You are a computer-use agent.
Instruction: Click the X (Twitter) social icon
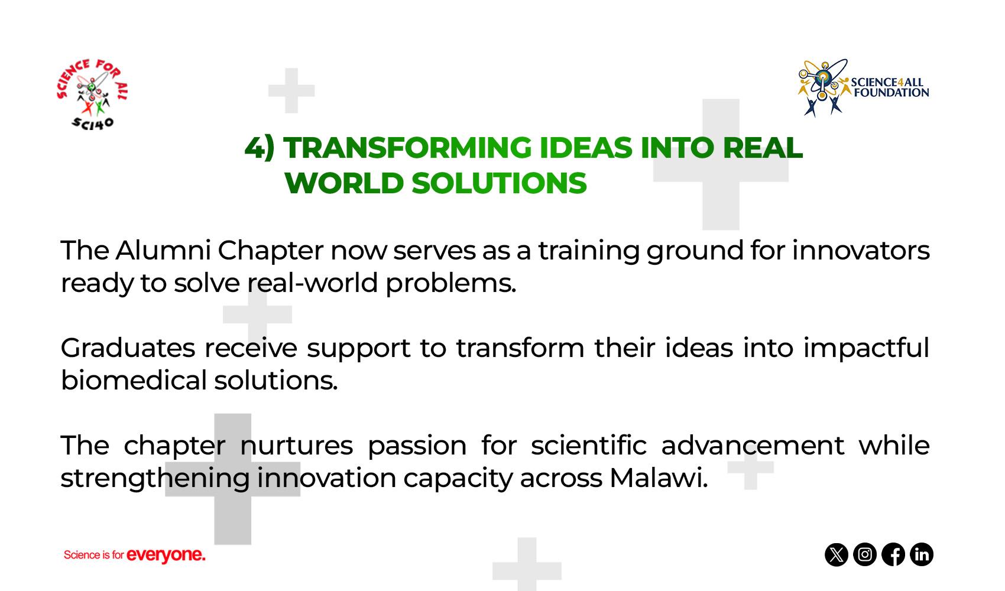click(x=837, y=555)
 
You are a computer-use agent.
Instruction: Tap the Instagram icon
click(x=864, y=555)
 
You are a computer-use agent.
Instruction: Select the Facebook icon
click(x=893, y=555)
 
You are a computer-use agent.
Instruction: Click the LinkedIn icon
click(x=922, y=555)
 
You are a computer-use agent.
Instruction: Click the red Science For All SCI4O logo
click(x=92, y=94)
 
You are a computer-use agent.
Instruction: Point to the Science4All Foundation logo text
click(x=890, y=87)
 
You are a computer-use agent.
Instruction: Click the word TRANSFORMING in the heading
click(x=407, y=148)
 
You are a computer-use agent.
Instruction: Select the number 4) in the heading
click(x=260, y=148)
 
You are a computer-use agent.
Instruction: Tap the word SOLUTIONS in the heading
click(x=499, y=183)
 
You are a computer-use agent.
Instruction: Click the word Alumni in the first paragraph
click(x=163, y=250)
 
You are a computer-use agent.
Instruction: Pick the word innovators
click(x=861, y=250)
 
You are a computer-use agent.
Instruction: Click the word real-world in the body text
click(x=313, y=283)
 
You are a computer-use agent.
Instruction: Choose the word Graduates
click(x=128, y=348)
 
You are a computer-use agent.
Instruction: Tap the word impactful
click(x=866, y=348)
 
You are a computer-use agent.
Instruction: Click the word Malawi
click(x=658, y=478)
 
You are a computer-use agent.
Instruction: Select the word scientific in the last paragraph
click(x=589, y=445)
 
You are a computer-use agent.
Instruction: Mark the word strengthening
click(x=155, y=479)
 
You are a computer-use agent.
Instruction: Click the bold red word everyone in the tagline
click(x=166, y=555)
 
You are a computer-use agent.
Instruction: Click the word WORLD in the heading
click(x=343, y=183)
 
